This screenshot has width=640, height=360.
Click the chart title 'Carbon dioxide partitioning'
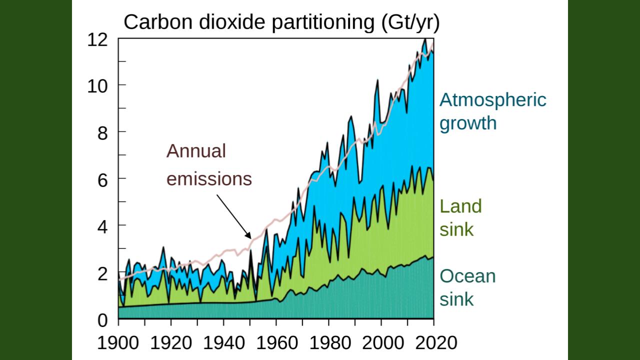click(281, 22)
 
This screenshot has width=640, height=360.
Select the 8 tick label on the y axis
click(102, 132)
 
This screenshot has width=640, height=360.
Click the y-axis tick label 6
click(102, 179)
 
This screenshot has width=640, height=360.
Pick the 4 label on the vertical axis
click(102, 225)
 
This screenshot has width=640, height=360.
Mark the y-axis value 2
click(102, 272)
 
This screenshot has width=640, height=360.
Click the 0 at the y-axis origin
click(102, 319)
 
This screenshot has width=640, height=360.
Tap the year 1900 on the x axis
click(118, 343)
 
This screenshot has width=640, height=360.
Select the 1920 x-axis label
click(171, 343)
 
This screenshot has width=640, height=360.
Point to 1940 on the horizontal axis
click(223, 343)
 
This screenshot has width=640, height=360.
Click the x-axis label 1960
click(276, 343)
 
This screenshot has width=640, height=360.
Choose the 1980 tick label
click(328, 343)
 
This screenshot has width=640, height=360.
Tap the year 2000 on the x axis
click(381, 343)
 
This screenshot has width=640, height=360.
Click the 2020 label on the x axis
click(433, 343)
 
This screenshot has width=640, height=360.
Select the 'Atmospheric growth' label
click(492, 111)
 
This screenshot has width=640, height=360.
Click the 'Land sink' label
click(460, 217)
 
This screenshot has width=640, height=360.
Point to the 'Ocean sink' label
click(467, 287)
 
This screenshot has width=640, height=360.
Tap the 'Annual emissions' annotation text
click(209, 165)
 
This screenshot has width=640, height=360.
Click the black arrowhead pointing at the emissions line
click(248, 236)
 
